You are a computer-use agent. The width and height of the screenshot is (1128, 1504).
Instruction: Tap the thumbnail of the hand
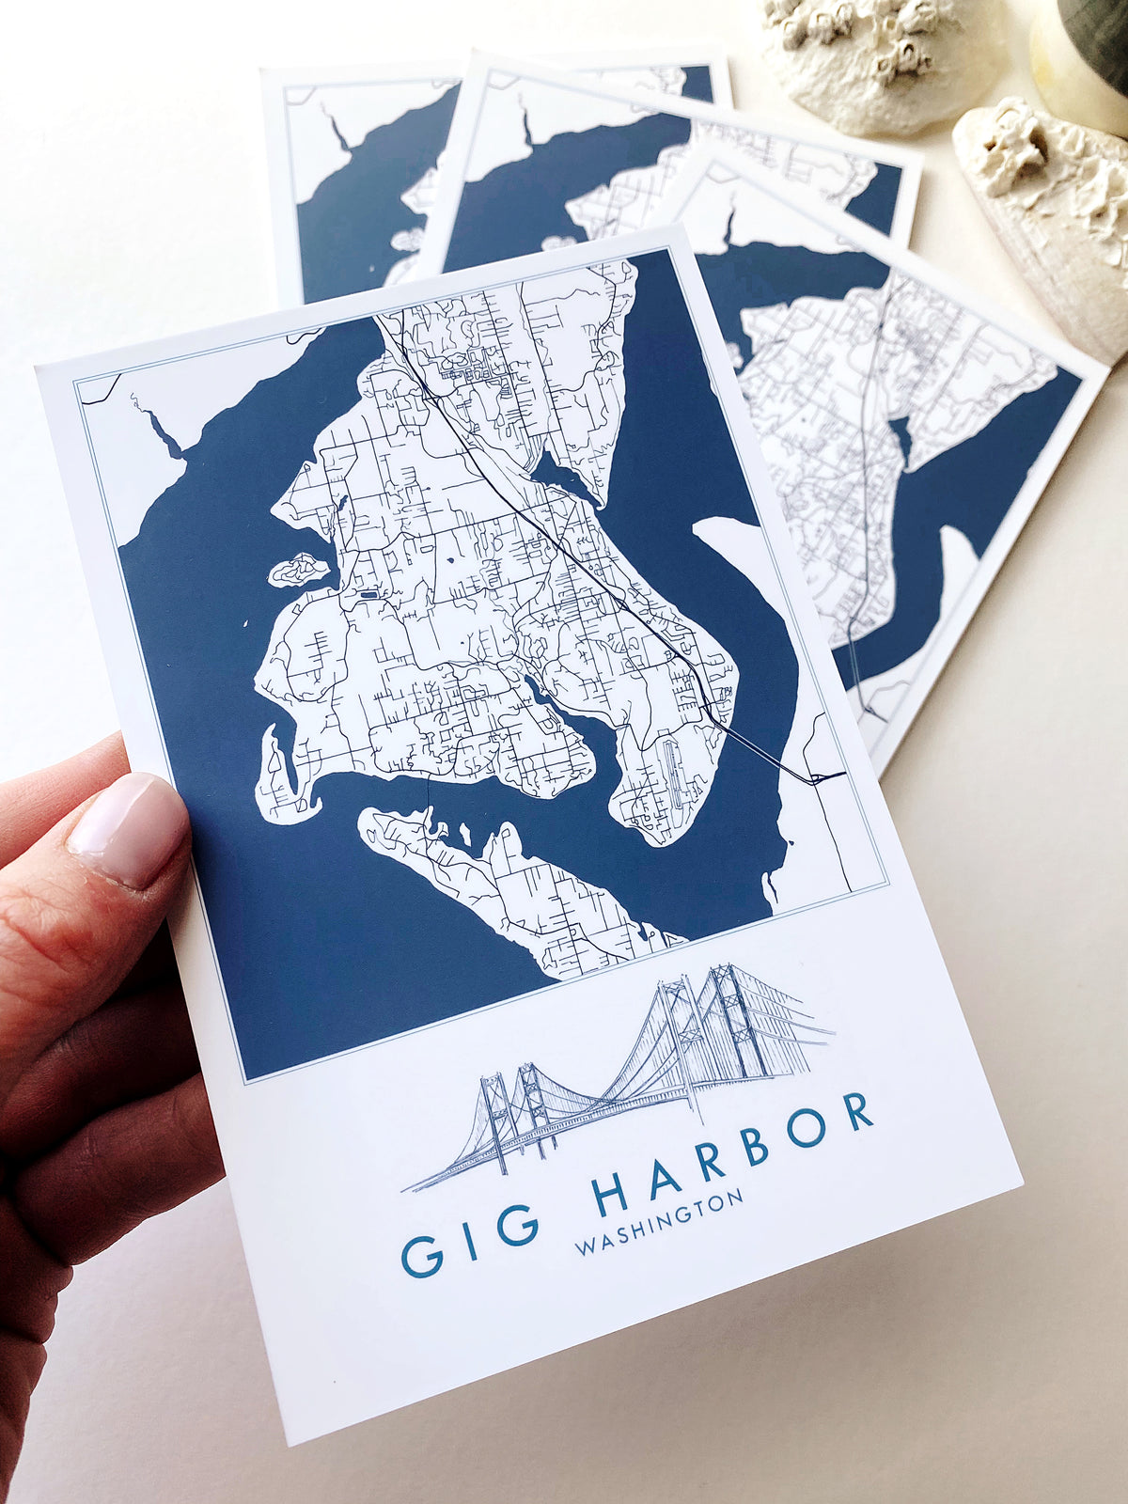(x=127, y=827)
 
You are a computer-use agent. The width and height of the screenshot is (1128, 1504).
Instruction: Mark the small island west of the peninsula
(x=299, y=570)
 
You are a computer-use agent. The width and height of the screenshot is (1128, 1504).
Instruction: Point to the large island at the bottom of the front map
(x=508, y=884)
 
